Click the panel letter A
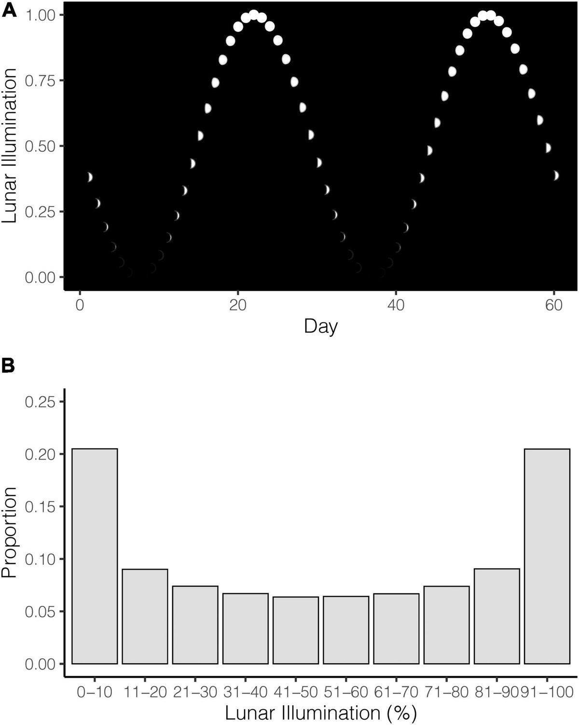[x=9, y=11]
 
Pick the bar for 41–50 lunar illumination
[x=295, y=630]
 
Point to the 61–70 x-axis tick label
[x=396, y=692]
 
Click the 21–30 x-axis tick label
[x=195, y=692]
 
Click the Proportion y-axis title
[x=10, y=533]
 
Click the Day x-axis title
[x=321, y=327]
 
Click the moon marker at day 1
[x=89, y=177]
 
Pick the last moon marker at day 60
[x=556, y=175]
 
